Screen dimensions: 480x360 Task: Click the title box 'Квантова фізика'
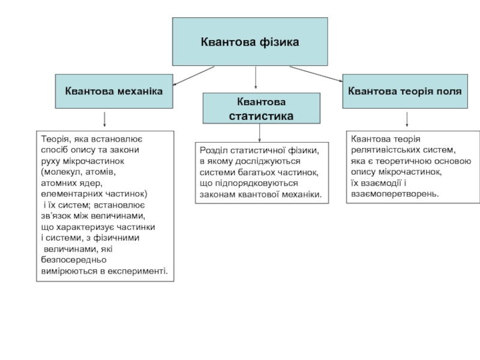(x=250, y=41)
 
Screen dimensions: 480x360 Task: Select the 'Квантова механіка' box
(x=114, y=91)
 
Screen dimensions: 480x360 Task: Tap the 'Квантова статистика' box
(x=262, y=109)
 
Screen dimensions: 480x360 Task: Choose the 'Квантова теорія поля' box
(x=405, y=91)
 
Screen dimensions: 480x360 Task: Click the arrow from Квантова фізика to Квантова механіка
(x=193, y=76)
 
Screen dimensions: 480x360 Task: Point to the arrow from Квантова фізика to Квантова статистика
(x=256, y=77)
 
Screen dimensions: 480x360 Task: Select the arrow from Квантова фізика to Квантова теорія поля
(x=316, y=74)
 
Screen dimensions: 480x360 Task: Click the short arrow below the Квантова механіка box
(x=104, y=119)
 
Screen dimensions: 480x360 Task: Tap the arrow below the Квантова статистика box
(x=260, y=133)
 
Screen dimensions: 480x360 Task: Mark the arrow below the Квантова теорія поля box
(x=407, y=119)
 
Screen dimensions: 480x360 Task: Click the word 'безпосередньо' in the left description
(x=74, y=260)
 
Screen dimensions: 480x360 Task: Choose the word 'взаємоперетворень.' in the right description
(x=395, y=194)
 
